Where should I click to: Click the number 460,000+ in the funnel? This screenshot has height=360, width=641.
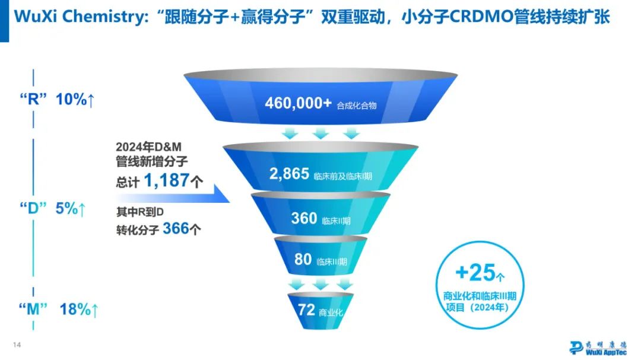point(299,103)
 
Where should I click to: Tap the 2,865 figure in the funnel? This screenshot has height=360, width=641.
point(289,174)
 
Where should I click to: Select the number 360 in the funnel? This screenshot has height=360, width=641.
point(304,218)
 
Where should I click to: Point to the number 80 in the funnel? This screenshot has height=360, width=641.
point(303,259)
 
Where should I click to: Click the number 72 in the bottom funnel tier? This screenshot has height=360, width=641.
point(305,311)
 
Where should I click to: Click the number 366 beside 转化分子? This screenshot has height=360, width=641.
point(176,228)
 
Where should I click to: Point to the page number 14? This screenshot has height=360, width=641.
point(17,345)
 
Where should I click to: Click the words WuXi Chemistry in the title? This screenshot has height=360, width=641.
point(77,16)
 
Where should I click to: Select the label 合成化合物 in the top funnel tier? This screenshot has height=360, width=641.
point(356,106)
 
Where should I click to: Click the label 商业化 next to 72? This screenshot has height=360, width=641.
point(331,313)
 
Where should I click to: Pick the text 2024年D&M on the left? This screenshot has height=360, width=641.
point(152,146)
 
